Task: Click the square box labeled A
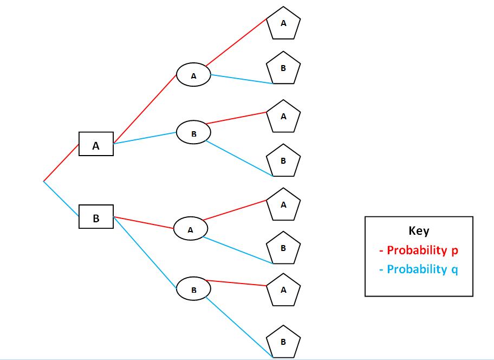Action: pos(96,144)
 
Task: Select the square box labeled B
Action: pos(96,217)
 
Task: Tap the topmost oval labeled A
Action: pos(193,76)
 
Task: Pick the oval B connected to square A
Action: pos(193,132)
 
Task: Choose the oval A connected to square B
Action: pos(190,229)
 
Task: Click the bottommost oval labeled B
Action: pos(193,289)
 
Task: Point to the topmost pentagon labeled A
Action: pos(283,24)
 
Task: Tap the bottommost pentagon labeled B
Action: pos(283,342)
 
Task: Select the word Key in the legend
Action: pos(419,230)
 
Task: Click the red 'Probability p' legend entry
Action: pos(419,250)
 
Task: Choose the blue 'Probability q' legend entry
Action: pos(418,269)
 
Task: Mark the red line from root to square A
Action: pos(61,162)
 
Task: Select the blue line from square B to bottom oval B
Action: pos(145,250)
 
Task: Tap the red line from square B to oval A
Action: pos(144,223)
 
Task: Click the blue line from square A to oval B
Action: pos(145,138)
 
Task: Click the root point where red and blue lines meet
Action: pos(43,181)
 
